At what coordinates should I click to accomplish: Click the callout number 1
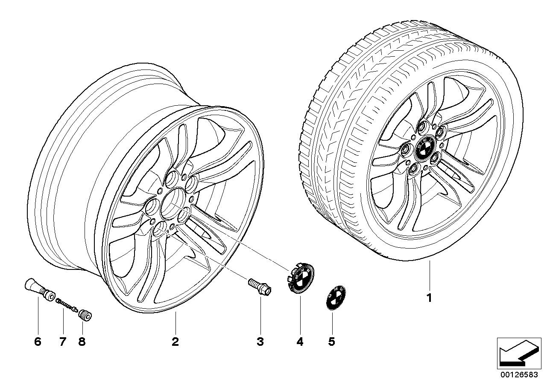430,298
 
